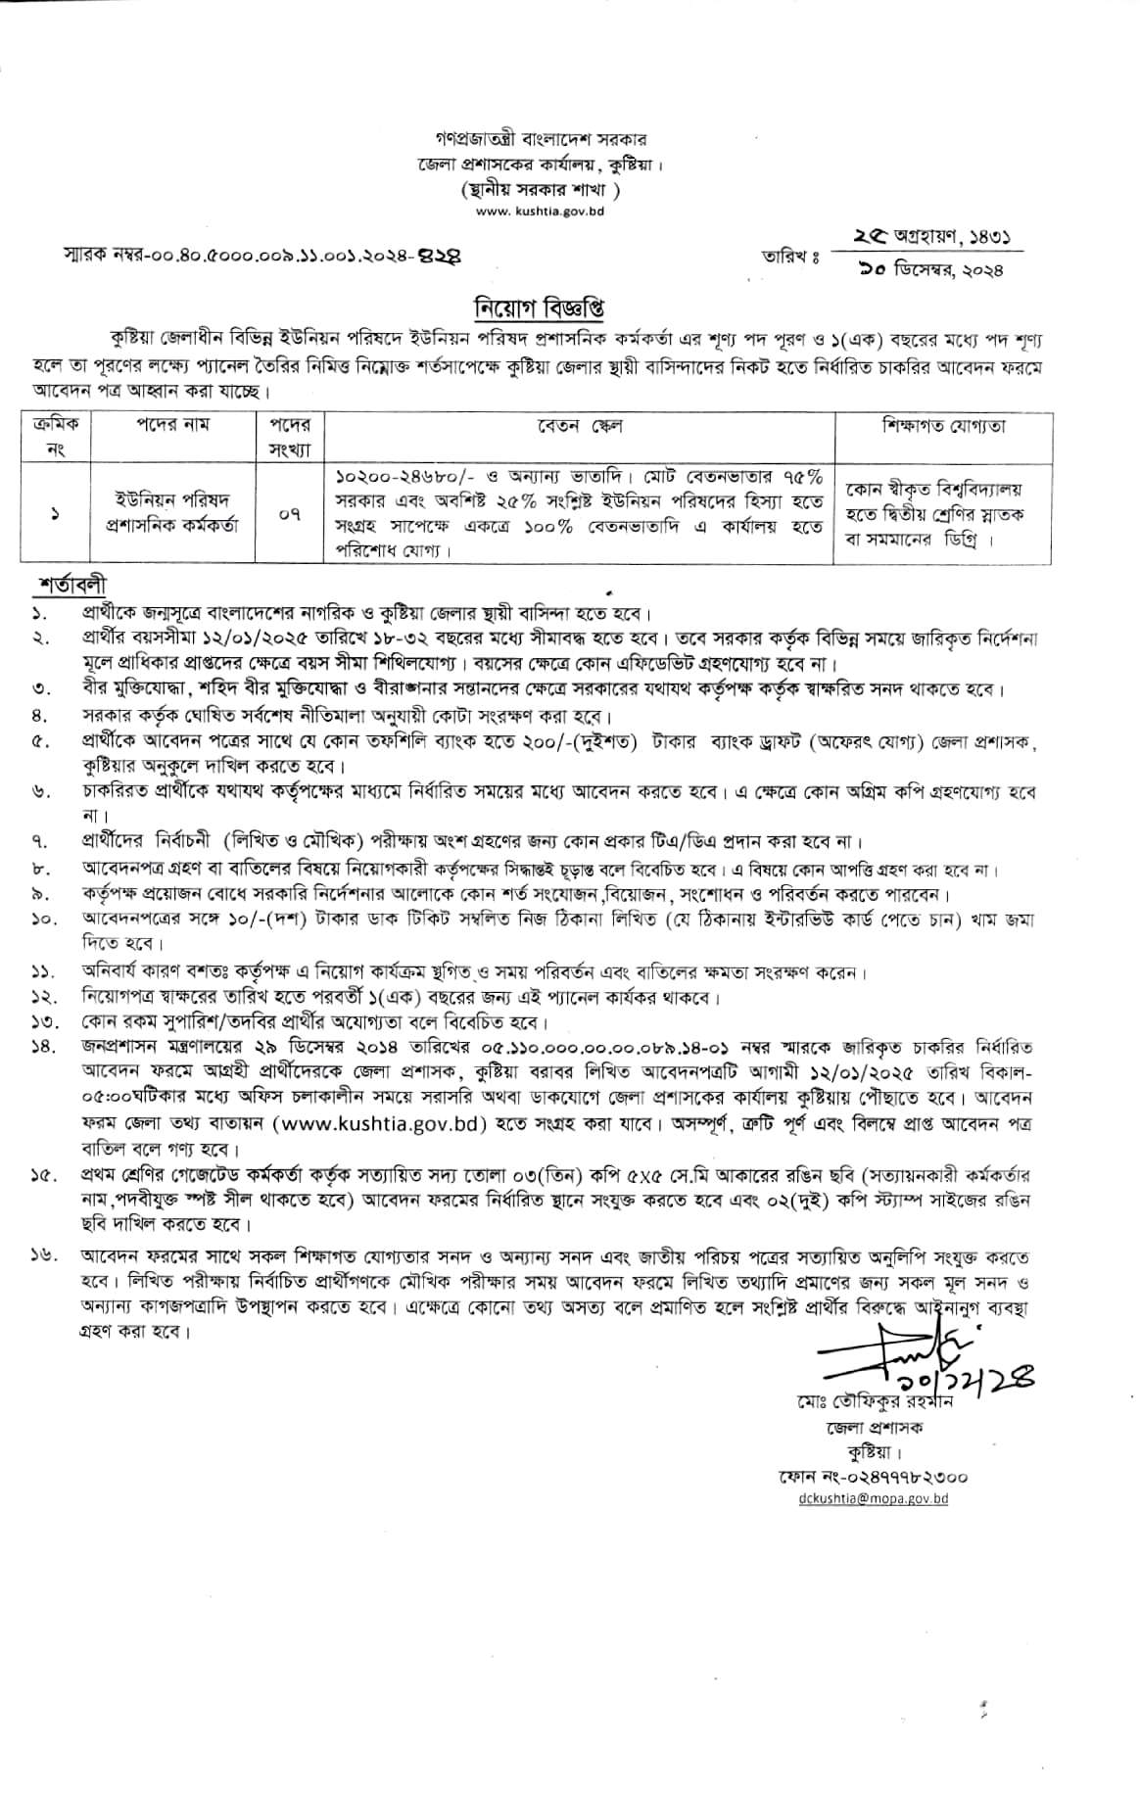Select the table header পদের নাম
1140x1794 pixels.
pyautogui.click(x=172, y=425)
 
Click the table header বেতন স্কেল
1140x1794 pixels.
pyautogui.click(x=579, y=426)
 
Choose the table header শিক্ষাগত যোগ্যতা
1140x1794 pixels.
pyautogui.click(x=943, y=426)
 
